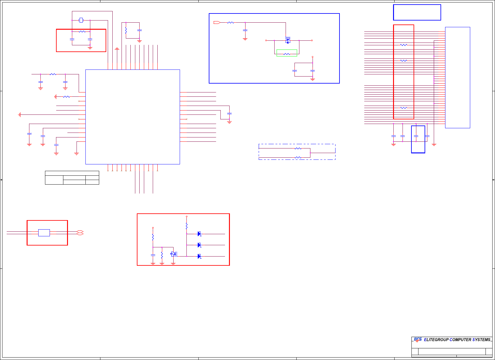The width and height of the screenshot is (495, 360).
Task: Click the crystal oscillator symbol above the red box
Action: [81, 20]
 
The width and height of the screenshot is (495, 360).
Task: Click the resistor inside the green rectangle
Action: [287, 54]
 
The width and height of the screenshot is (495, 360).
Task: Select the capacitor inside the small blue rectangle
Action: [416, 136]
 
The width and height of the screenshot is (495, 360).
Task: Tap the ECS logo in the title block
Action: [418, 339]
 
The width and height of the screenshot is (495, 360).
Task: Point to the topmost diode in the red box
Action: [199, 234]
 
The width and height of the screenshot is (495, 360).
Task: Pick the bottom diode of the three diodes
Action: [199, 256]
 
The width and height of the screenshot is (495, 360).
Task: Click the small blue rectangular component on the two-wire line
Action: [44, 233]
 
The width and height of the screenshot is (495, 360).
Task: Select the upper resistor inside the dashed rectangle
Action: [298, 148]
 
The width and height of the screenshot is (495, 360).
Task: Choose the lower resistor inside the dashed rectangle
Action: [298, 158]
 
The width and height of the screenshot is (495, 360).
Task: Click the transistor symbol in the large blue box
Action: [288, 40]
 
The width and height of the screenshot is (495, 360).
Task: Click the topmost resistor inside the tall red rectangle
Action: [404, 45]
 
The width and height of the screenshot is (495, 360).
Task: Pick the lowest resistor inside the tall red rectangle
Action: [404, 108]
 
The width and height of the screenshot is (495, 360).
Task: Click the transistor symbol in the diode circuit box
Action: [173, 254]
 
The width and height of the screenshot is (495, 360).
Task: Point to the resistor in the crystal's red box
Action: [82, 32]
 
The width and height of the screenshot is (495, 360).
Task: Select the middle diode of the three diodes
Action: [199, 245]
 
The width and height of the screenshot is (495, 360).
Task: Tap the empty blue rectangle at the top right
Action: [417, 12]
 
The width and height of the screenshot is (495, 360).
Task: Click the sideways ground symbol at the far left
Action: [20, 115]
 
